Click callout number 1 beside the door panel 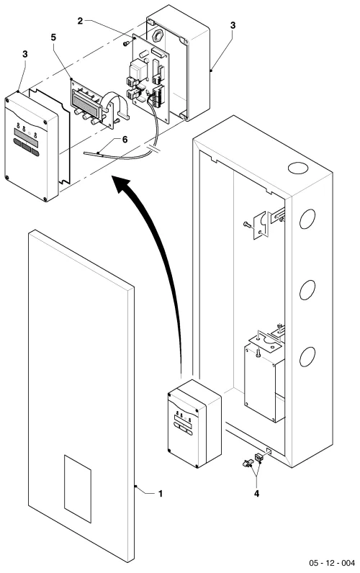160,494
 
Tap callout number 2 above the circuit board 81,21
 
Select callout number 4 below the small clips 256,494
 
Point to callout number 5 54,37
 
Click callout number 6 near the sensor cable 125,140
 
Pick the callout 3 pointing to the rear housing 233,25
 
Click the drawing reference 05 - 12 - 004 332,563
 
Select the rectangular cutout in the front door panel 78,489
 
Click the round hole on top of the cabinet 298,168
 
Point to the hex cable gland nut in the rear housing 158,35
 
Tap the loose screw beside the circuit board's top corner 127,43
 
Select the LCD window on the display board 85,101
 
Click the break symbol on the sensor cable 154,149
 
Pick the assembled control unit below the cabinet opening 194,423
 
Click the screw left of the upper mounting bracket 247,224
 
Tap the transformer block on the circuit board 138,69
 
